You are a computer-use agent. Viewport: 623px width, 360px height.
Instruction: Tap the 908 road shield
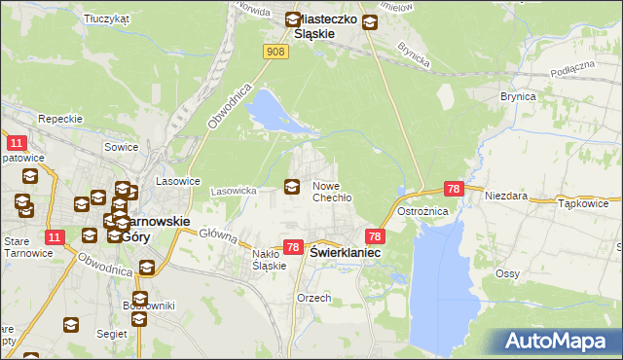[x=276, y=52]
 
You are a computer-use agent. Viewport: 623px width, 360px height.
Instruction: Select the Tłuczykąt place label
[x=107, y=18]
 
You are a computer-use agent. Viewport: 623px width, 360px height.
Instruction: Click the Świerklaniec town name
[x=346, y=251]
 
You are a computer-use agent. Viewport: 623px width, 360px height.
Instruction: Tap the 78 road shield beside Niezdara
[x=453, y=189]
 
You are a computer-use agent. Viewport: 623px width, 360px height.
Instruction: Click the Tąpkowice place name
[x=584, y=204]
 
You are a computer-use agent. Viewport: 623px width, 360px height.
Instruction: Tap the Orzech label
[x=313, y=298]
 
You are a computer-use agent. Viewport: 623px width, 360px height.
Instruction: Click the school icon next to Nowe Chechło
[x=291, y=187]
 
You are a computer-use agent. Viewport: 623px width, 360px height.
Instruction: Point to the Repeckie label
[x=57, y=118]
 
